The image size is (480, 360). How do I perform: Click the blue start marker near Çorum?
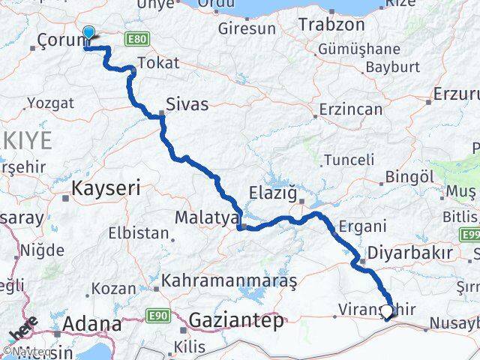(88, 33)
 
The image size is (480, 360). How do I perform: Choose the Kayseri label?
(105, 188)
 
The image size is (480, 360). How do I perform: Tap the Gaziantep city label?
(235, 321)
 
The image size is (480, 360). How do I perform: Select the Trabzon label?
(331, 24)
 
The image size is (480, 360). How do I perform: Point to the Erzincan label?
(351, 109)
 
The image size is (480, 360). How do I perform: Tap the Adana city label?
(93, 324)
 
